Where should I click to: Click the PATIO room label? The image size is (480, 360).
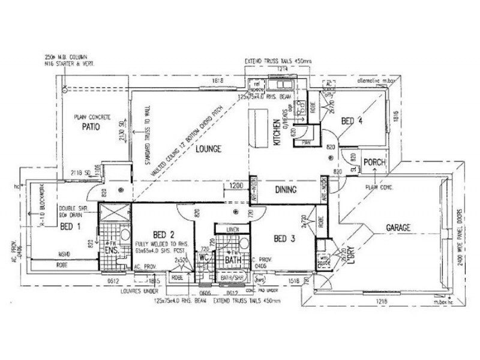87,128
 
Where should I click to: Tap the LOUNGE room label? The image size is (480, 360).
206,148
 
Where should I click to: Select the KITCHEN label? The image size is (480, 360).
277,133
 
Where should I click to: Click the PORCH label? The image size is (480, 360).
374,163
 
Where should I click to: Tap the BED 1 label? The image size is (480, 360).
71,226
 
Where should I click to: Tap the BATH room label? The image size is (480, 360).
233,260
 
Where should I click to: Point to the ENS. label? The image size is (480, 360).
110,250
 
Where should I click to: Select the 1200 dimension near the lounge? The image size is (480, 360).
236,187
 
